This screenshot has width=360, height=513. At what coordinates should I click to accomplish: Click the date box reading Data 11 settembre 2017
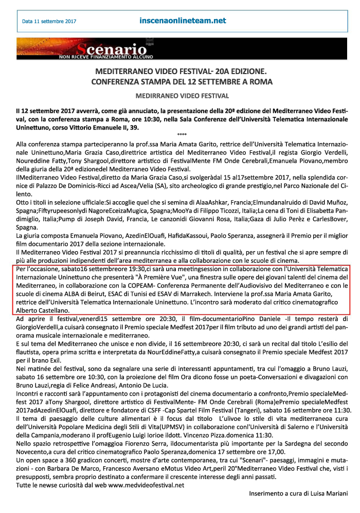[x=49, y=22]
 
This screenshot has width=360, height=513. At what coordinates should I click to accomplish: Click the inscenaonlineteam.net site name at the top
[x=183, y=21]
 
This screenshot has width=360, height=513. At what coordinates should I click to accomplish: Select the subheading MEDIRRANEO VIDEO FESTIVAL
[x=182, y=96]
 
